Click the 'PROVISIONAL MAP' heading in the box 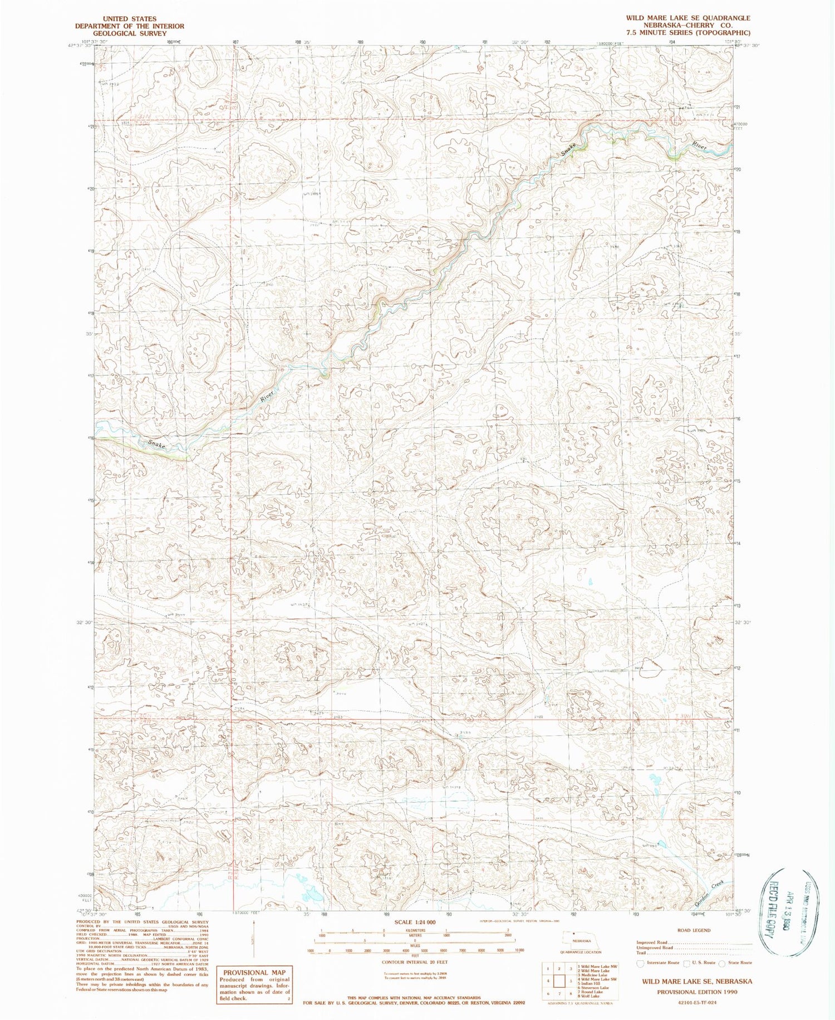[254, 972]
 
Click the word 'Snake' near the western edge [157, 445]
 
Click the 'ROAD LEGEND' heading [694, 930]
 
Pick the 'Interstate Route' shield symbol [641, 963]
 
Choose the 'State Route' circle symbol [722, 963]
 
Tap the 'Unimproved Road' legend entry [655, 948]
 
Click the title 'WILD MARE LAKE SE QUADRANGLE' [688, 18]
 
